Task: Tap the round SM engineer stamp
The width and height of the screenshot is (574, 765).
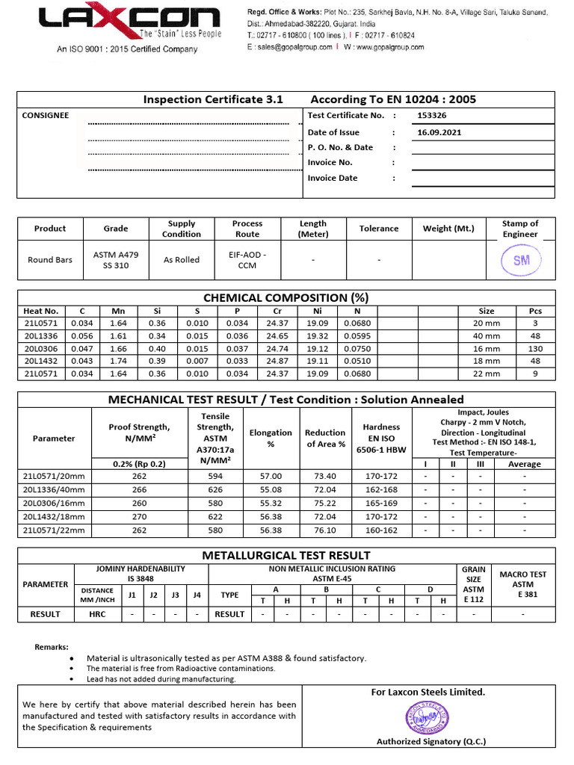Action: tap(519, 261)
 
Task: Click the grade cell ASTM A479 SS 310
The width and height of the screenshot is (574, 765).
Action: tap(115, 260)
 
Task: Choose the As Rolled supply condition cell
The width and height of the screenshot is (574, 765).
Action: tap(182, 260)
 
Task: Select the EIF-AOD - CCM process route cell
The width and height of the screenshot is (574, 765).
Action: tap(247, 260)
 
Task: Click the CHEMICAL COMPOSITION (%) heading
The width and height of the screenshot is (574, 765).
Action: tap(287, 297)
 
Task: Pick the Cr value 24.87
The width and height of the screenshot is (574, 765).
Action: tap(277, 361)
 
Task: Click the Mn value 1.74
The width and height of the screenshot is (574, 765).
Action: tap(117, 361)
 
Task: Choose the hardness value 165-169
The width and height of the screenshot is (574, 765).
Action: tap(381, 503)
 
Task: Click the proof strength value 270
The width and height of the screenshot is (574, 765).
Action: tap(139, 516)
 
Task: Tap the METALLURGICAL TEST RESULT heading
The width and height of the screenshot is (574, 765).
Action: tap(287, 555)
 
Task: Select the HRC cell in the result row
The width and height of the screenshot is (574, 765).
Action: tap(97, 614)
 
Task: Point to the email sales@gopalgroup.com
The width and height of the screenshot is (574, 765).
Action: tap(294, 47)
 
